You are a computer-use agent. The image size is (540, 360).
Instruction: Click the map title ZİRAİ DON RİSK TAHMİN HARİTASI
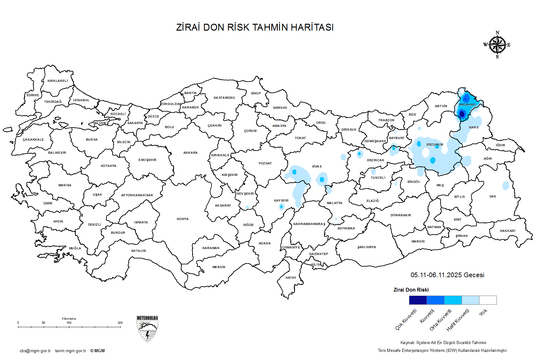tap(255, 27)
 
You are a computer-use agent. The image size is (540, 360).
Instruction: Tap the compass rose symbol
tap(497, 45)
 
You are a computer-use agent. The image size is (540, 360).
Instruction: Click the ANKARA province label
tap(190, 153)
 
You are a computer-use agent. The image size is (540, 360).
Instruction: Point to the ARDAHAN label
tap(467, 105)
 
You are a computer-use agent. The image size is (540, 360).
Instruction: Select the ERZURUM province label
tap(435, 145)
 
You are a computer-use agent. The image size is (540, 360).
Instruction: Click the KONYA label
tap(182, 219)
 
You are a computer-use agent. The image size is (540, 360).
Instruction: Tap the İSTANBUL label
tap(81, 100)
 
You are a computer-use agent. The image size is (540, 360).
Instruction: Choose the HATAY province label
tap(291, 277)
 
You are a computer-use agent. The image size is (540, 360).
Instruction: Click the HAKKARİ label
tap(507, 231)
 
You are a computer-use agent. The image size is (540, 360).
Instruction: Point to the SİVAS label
tap(317, 167)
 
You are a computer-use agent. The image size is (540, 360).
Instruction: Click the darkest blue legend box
tap(418, 300)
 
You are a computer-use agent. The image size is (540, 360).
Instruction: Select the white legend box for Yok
tap(488, 300)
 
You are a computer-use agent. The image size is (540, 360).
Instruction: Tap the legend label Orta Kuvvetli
tap(441, 320)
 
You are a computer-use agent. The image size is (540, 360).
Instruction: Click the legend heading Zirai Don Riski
tap(411, 290)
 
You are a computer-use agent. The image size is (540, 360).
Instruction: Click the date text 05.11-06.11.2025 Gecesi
tap(447, 275)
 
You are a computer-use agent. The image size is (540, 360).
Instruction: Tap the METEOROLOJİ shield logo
tap(147, 329)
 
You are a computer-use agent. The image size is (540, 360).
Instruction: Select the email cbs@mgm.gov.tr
tap(35, 351)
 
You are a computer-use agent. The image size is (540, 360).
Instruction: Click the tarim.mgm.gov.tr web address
tap(71, 351)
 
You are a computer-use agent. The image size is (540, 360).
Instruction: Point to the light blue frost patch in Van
tap(506, 186)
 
